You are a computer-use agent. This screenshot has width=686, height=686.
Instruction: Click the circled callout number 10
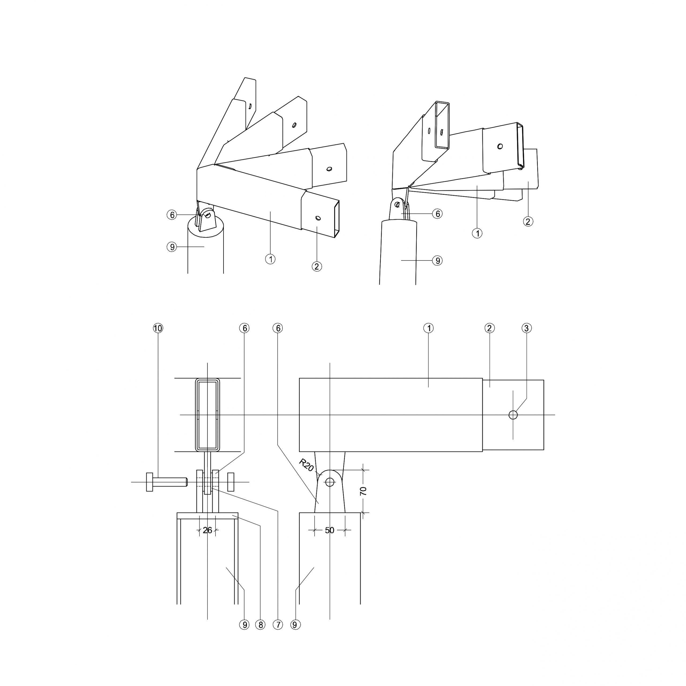pos(158,328)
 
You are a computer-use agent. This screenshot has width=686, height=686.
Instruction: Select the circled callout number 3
pos(527,328)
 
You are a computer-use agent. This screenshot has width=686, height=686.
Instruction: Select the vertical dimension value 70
pos(363,491)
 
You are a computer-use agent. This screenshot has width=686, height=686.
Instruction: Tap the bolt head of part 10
pos(150,482)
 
